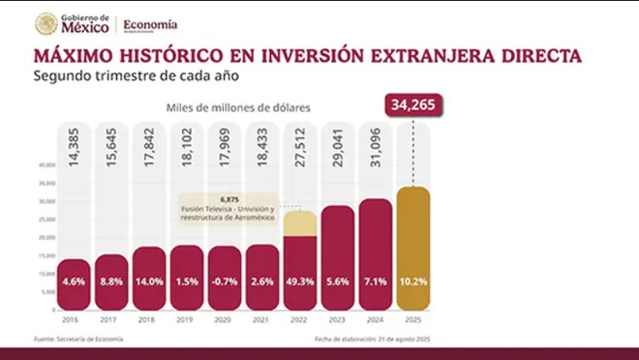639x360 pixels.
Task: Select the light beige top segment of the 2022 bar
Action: click(x=300, y=223)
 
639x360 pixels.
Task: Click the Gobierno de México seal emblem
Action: click(x=46, y=24)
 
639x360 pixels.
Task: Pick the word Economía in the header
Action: click(x=150, y=24)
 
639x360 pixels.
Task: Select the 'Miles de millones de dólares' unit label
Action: click(x=238, y=108)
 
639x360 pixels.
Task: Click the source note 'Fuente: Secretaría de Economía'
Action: click(x=77, y=338)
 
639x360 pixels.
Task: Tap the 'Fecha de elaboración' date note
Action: click(x=371, y=338)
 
